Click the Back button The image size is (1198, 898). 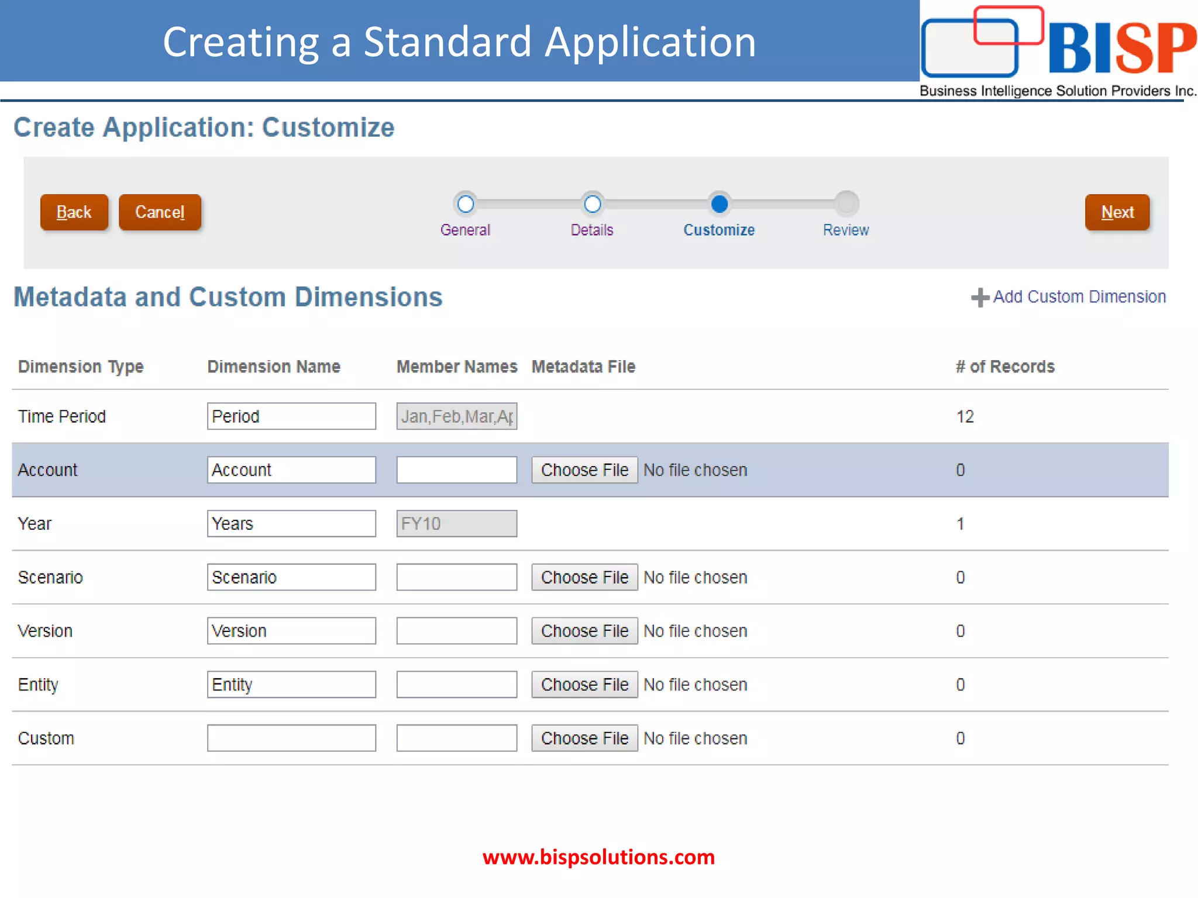(74, 212)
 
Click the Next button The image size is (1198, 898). (1117, 212)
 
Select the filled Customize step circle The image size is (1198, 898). (719, 204)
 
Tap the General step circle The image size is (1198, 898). (466, 204)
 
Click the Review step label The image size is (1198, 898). (845, 230)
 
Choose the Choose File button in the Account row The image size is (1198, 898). (584, 470)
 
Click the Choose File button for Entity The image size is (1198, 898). (584, 685)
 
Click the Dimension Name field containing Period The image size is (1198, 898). (291, 416)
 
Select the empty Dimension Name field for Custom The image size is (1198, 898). (291, 738)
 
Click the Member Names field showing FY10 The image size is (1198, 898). (456, 524)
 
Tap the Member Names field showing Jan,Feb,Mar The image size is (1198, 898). (456, 416)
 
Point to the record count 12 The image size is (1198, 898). (965, 417)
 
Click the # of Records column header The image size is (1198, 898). (1005, 367)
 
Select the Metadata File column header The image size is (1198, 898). (583, 367)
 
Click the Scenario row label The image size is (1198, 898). (50, 578)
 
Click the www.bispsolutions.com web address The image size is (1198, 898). (598, 857)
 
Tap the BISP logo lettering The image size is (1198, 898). (1121, 48)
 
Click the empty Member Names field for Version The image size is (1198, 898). (456, 631)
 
